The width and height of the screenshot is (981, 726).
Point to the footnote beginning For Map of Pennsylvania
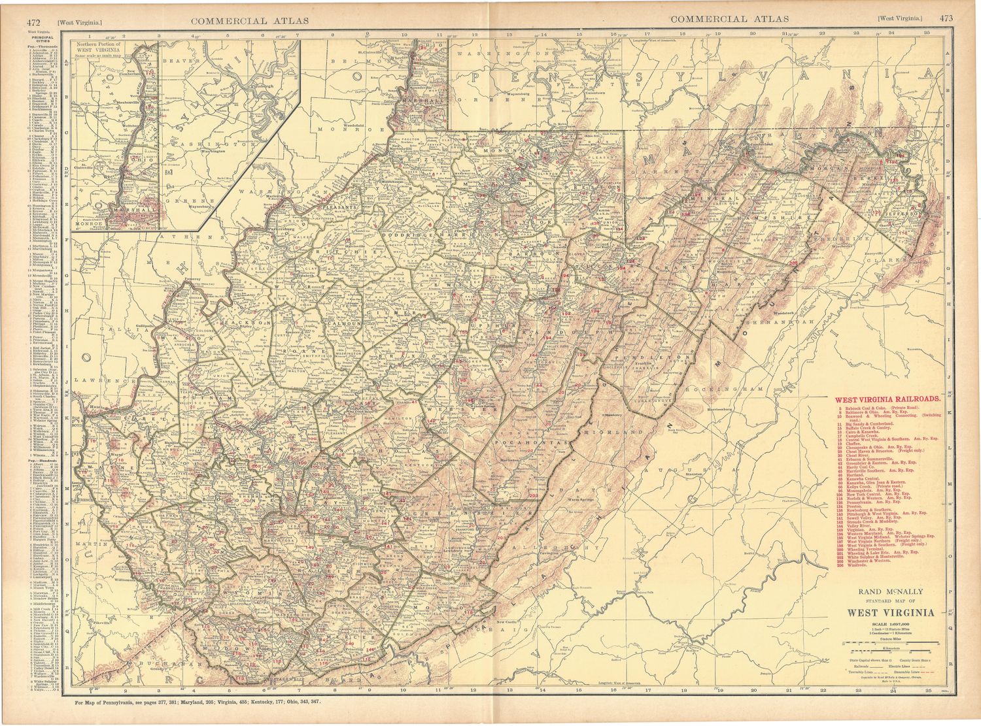point(196,702)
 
